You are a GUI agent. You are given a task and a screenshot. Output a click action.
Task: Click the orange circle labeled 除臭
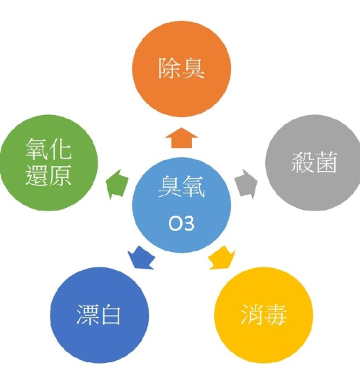[x=181, y=69]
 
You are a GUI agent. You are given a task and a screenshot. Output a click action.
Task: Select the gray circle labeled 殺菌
[x=313, y=162]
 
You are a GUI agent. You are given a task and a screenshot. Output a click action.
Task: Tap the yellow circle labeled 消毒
[x=264, y=315]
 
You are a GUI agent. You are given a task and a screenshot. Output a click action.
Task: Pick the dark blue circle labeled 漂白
[x=100, y=315]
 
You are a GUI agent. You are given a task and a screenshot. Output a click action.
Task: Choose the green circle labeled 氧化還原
[x=48, y=163]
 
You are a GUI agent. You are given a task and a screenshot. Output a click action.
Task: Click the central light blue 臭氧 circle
[x=181, y=205]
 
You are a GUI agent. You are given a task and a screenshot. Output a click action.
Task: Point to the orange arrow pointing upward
[x=181, y=138]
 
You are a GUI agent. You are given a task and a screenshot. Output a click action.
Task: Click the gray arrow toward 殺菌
[x=246, y=184]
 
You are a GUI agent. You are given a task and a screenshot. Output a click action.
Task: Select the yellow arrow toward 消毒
[x=222, y=258]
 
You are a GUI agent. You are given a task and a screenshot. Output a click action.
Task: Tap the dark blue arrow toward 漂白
[x=141, y=258]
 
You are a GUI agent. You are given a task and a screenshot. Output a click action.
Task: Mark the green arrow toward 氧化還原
[x=117, y=184]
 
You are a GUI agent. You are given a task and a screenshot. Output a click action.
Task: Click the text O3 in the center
[x=181, y=223]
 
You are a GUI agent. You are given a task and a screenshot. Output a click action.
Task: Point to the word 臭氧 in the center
[x=181, y=186]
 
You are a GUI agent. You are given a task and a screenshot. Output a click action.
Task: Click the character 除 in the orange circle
[x=170, y=69]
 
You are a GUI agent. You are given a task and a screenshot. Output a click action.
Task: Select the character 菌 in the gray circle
[x=326, y=162]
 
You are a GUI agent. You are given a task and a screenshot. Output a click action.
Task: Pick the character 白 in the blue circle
[x=111, y=315]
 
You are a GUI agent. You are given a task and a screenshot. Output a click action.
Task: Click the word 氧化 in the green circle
[x=48, y=149]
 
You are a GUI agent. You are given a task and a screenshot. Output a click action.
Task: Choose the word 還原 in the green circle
[x=48, y=175]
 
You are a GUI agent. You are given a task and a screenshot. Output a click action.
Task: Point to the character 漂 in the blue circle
[x=87, y=315]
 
